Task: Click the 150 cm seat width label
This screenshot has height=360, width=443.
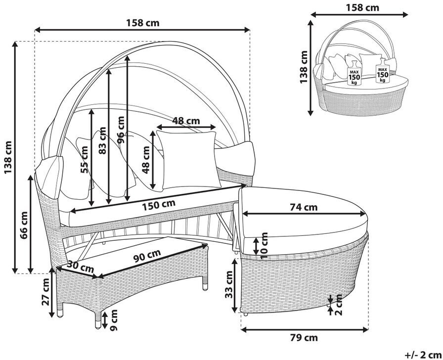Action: pyautogui.click(x=159, y=205)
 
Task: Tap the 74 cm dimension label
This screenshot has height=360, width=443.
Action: pyautogui.click(x=304, y=207)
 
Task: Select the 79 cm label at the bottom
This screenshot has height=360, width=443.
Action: pyautogui.click(x=304, y=337)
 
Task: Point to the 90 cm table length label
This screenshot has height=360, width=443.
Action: pyautogui.click(x=147, y=256)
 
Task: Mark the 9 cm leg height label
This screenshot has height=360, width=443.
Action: pyautogui.click(x=113, y=319)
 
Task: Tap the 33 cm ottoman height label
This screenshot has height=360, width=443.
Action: pyautogui.click(x=228, y=284)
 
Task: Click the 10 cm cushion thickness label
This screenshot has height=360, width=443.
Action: pyautogui.click(x=264, y=246)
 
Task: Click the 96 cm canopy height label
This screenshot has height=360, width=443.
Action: pyautogui.click(x=120, y=130)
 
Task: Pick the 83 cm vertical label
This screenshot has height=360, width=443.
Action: pyautogui.click(x=102, y=140)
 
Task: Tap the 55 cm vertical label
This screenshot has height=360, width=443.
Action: pyautogui.click(x=84, y=159)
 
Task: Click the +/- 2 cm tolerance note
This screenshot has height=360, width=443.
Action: pyautogui.click(x=422, y=355)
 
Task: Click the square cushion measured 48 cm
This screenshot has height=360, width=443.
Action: pyautogui.click(x=188, y=160)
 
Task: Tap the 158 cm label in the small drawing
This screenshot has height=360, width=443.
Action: pyautogui.click(x=362, y=7)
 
